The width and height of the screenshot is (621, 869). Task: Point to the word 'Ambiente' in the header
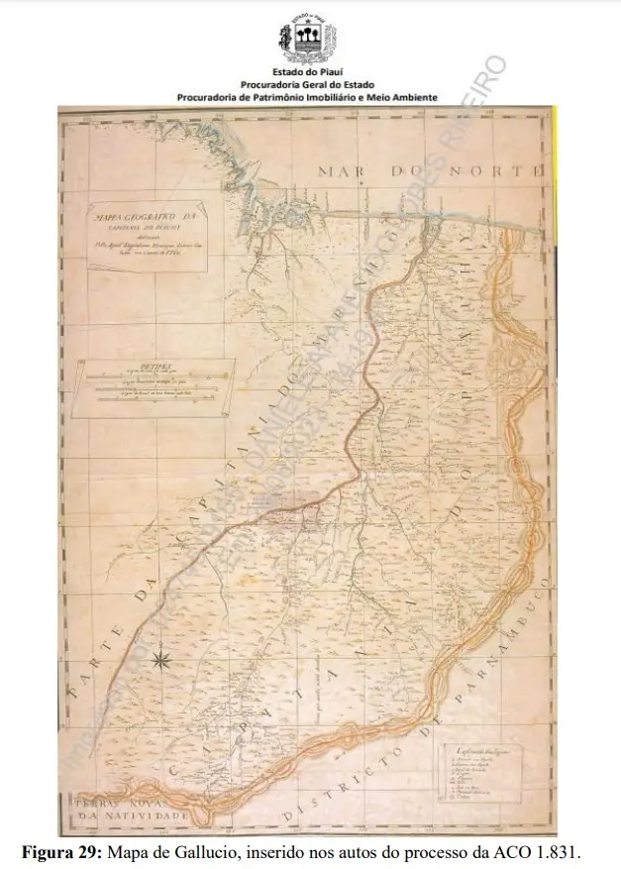pyautogui.click(x=408, y=98)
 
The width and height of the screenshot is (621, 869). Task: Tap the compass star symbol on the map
pyautogui.click(x=164, y=660)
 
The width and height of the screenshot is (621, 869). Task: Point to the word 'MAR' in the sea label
pyautogui.click(x=340, y=171)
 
